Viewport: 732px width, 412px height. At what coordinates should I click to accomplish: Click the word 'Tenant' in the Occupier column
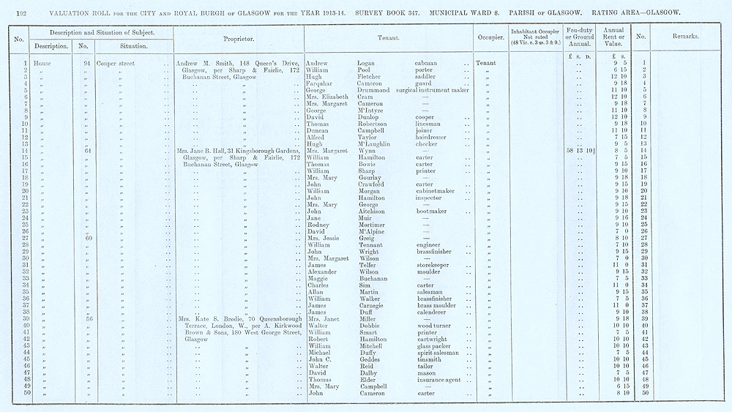point(486,64)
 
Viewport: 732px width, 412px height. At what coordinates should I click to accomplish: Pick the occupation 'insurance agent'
point(439,380)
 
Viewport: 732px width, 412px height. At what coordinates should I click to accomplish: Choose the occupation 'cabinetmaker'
point(437,191)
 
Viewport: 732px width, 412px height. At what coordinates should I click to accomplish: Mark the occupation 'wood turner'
point(436,326)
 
